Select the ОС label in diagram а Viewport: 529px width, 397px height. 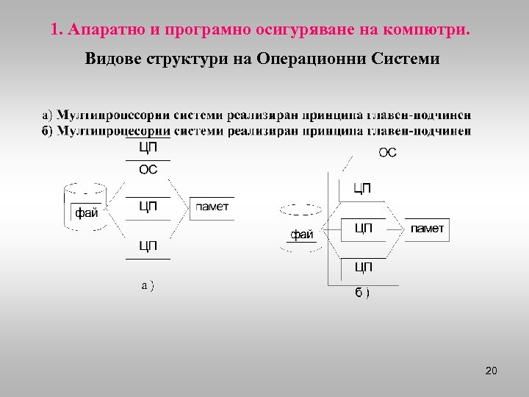point(148,170)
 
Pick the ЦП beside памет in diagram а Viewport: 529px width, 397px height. point(148,207)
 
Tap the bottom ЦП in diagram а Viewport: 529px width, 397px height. point(148,246)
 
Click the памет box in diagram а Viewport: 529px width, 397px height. point(212,207)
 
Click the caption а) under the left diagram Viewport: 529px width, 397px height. point(148,285)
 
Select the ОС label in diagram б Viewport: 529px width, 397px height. point(387,153)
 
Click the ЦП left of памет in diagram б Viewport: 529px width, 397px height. point(363,229)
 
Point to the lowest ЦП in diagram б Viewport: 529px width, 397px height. point(363,266)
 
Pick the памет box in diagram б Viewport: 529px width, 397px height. point(427,229)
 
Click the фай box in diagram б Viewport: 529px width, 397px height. point(301,235)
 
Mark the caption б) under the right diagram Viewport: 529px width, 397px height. point(362,293)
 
